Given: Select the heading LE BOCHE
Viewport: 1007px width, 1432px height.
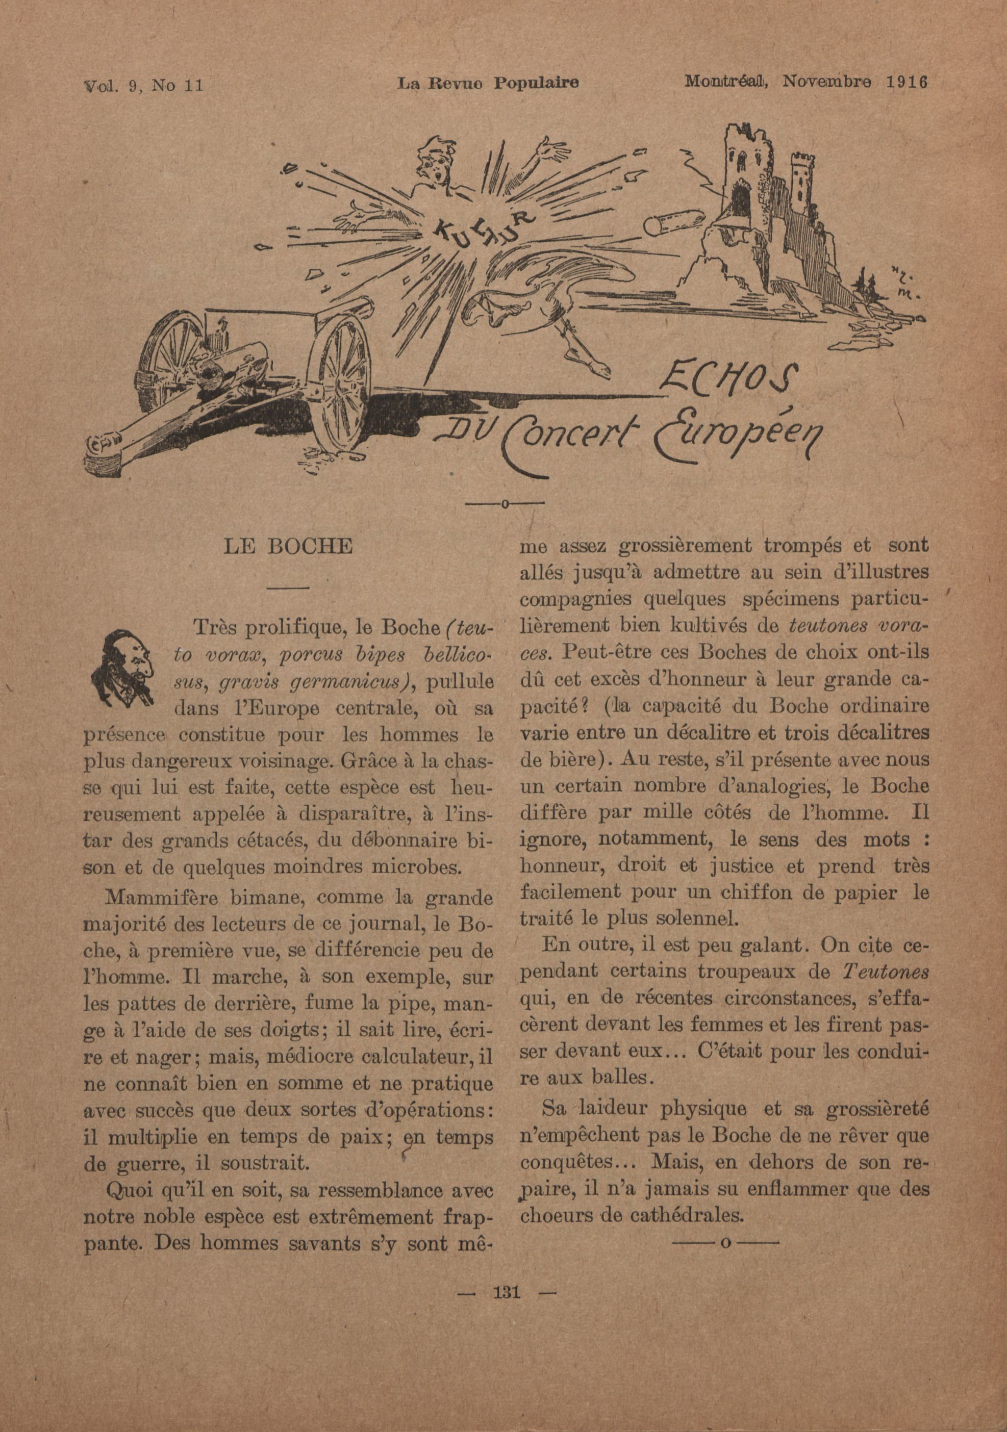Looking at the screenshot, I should pos(288,547).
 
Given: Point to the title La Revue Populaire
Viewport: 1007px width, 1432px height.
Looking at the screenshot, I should pos(488,83).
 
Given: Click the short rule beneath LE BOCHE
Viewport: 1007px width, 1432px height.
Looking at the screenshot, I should pos(288,587).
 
